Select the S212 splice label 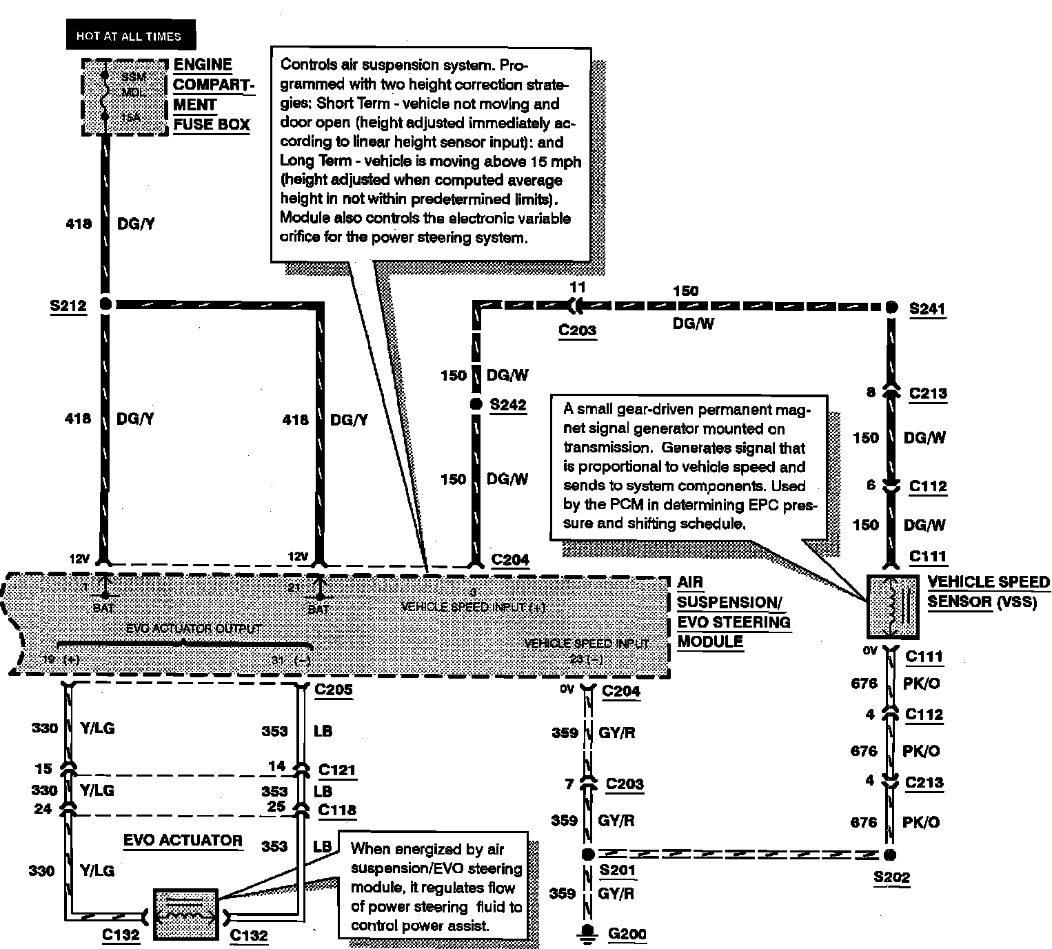(68, 306)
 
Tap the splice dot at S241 (891, 307)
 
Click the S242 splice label (508, 405)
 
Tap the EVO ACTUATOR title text (183, 840)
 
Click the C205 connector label (333, 689)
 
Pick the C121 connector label (337, 769)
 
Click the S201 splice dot (587, 855)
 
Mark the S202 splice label (891, 877)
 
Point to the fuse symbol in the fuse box (105, 97)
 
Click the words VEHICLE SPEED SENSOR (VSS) (988, 592)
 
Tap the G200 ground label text (627, 934)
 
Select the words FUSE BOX (212, 124)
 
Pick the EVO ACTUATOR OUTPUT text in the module (194, 628)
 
